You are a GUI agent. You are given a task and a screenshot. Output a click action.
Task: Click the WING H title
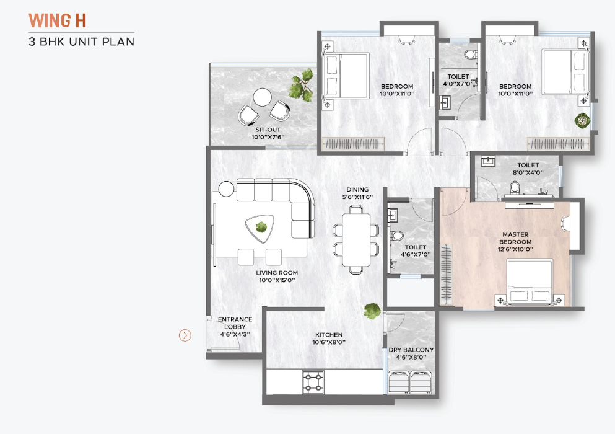[57, 21]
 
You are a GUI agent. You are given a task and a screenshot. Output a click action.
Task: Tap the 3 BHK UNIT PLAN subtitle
[82, 42]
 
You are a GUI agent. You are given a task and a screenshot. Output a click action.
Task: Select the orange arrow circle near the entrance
[185, 335]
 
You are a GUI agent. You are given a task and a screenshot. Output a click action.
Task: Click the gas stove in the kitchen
[313, 382]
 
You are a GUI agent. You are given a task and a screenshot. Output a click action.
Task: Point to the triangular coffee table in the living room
[260, 228]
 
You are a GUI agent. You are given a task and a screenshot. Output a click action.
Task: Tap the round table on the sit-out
[263, 97]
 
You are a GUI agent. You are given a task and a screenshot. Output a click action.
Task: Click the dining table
[356, 240]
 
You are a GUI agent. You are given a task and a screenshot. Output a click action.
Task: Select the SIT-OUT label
[268, 130]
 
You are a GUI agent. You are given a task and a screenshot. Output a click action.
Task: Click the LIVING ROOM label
[277, 273]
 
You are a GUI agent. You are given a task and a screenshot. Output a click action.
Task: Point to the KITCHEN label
[329, 335]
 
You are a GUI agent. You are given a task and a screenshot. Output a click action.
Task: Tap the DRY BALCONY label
[411, 350]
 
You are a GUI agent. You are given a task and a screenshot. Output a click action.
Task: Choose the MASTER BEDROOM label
[515, 238]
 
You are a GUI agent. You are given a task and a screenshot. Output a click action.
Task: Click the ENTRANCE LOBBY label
[235, 323]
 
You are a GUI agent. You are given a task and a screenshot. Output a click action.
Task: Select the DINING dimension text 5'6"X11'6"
[357, 197]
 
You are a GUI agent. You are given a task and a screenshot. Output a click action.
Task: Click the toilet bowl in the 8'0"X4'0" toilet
[515, 187]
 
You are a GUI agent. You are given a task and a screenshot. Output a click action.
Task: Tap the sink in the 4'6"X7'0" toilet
[392, 215]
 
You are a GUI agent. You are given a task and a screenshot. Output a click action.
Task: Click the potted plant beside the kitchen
[372, 311]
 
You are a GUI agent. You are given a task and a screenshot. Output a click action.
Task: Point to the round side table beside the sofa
[226, 188]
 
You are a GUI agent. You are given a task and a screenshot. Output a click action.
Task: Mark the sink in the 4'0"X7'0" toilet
[445, 103]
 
